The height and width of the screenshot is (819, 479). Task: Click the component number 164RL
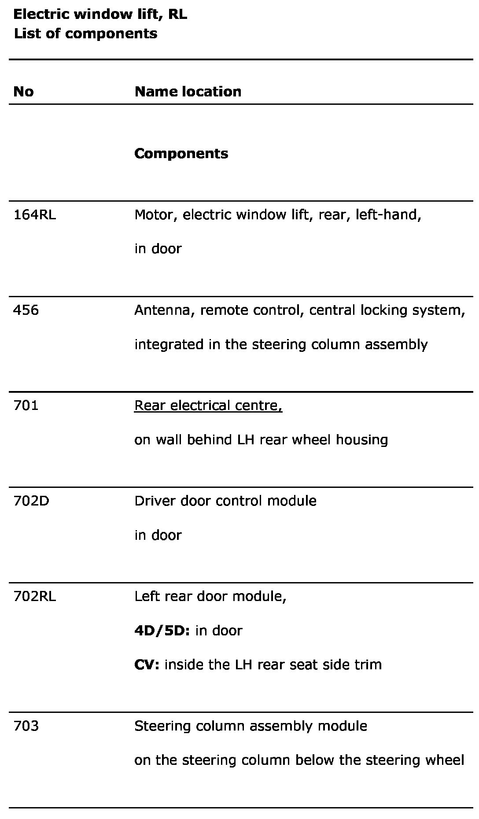[35, 215]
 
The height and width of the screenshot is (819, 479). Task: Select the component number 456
[26, 310]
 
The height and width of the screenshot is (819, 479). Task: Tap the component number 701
[26, 406]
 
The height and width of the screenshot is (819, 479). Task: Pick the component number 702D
[31, 501]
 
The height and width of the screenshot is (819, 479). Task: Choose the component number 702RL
[35, 597]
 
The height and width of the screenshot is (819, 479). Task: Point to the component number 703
[26, 726]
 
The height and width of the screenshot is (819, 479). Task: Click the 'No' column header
[23, 92]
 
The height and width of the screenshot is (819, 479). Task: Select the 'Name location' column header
[188, 92]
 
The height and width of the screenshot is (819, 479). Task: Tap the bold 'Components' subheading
[181, 154]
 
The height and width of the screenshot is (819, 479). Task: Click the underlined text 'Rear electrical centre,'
[208, 406]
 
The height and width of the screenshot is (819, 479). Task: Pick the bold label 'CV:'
[147, 664]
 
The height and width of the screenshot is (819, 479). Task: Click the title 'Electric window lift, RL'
[100, 15]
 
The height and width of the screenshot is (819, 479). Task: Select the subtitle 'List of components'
[85, 33]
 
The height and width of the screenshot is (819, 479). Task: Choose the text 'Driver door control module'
[225, 501]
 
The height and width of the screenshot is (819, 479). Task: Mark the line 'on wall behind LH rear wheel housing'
[261, 440]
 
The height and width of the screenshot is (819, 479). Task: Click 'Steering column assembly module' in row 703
[251, 726]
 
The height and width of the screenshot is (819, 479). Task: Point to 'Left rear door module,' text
[210, 597]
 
